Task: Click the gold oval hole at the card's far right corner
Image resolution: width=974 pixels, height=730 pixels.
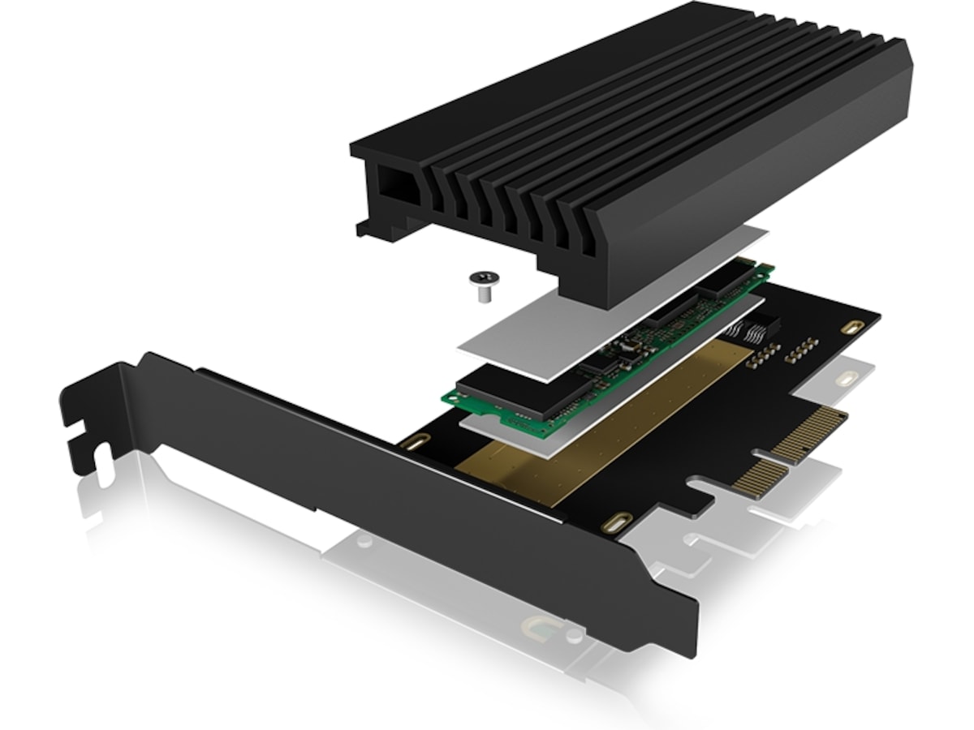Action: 850,327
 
